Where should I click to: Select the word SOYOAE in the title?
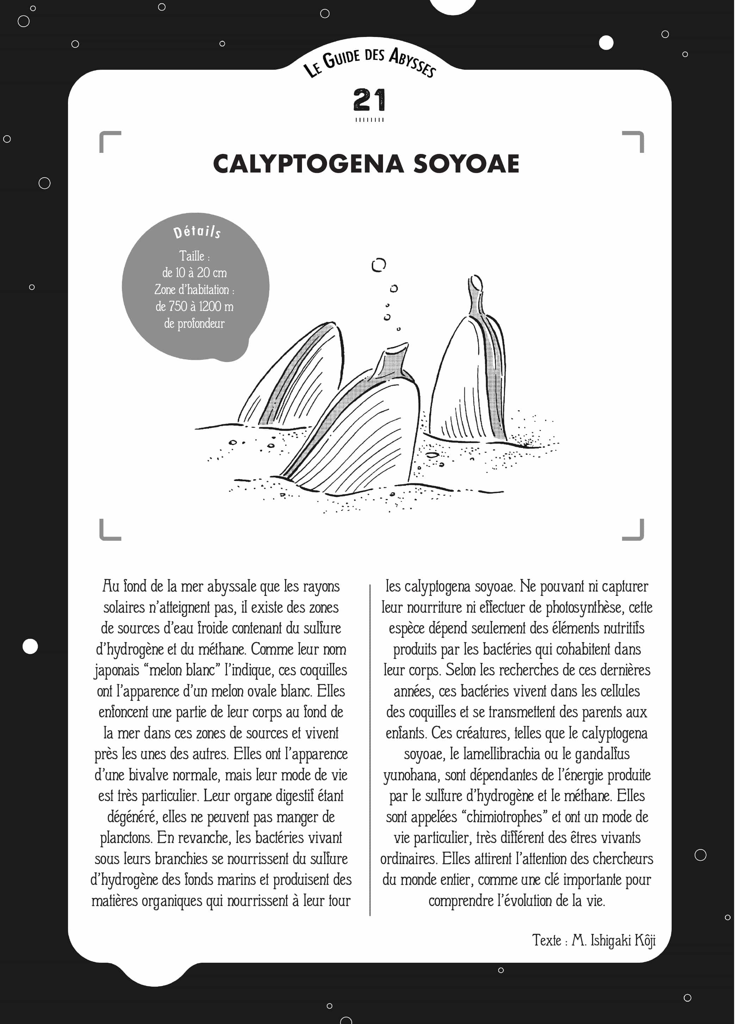click(x=466, y=164)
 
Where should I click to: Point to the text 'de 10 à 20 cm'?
click(x=195, y=273)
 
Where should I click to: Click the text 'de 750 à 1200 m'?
click(x=195, y=307)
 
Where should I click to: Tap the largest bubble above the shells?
click(x=378, y=265)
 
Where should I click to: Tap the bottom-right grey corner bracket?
click(x=633, y=530)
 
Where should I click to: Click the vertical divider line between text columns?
click(x=370, y=749)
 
